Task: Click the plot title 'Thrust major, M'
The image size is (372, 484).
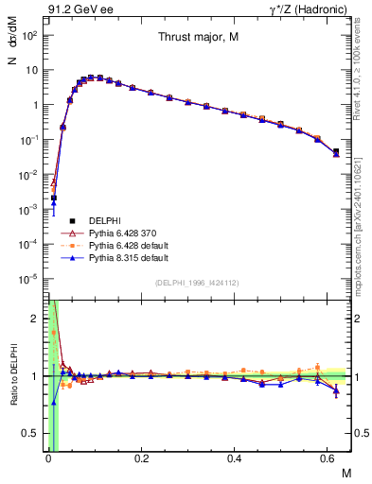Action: (197, 37)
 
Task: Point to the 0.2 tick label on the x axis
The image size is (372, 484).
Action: (141, 460)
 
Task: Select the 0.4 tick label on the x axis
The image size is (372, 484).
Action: (236, 460)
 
